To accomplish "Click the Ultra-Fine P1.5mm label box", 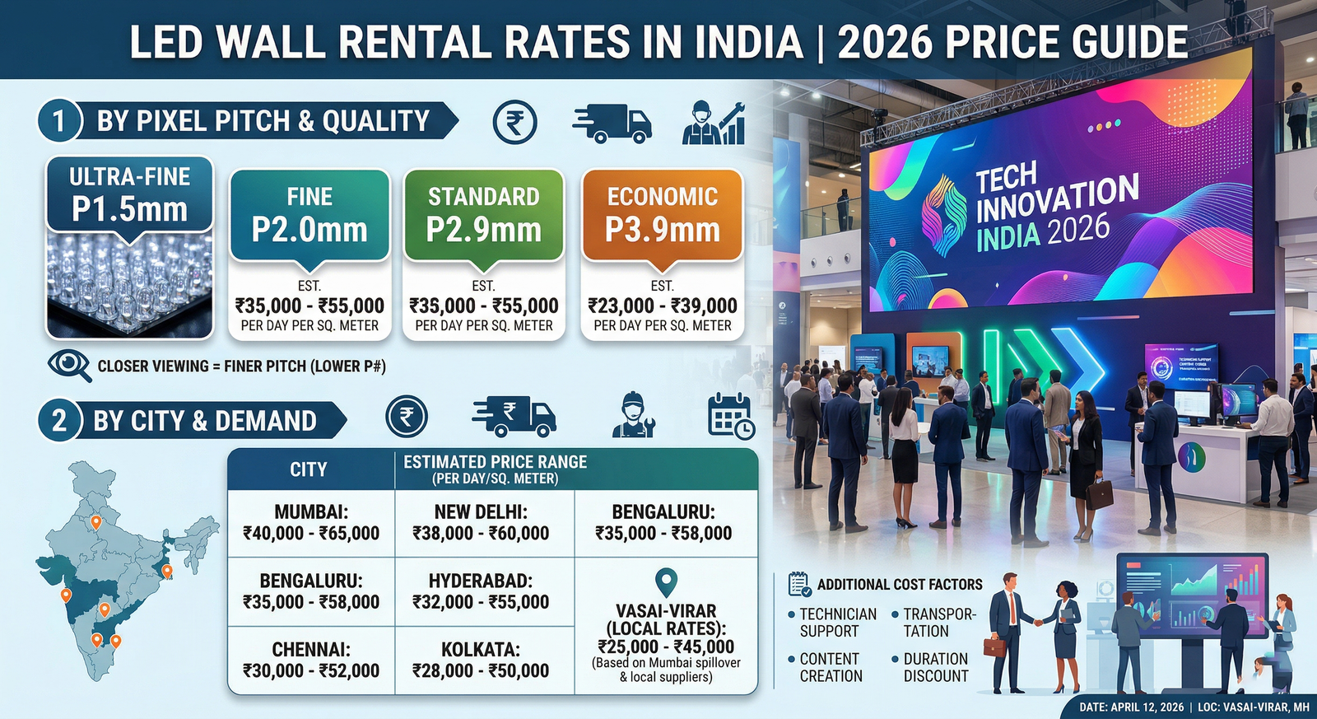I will (130, 194).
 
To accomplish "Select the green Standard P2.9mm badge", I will (483, 215).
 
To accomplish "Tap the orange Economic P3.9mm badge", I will (662, 215).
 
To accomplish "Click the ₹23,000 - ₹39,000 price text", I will (662, 306).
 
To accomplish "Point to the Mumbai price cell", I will (311, 523).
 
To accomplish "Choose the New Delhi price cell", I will (481, 523).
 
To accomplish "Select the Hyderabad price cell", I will (481, 591).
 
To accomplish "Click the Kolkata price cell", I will (481, 661).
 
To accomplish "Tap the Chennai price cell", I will (311, 661).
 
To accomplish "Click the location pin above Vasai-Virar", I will (665, 581).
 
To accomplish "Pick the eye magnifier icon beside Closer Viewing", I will (69, 366).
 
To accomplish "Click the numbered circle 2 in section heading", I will (59, 421).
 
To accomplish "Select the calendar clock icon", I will (731, 416).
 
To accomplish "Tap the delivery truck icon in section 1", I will (611, 124).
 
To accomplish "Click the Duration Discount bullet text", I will (935, 668).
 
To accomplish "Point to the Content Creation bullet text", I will (831, 668).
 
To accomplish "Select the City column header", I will (309, 469).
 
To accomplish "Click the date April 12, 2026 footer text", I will (1131, 707).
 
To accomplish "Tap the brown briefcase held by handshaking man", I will (994, 647).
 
